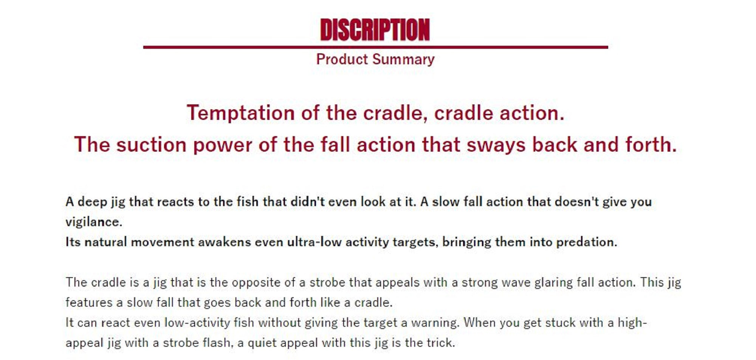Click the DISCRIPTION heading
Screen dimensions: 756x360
[x=375, y=29]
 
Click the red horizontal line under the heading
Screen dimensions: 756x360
[x=375, y=47]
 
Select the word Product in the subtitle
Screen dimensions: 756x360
[x=342, y=59]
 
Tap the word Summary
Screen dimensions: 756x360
[x=403, y=60]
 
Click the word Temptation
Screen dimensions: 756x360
[x=241, y=113]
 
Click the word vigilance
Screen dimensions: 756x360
[x=94, y=222]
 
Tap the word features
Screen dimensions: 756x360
[x=89, y=303]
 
